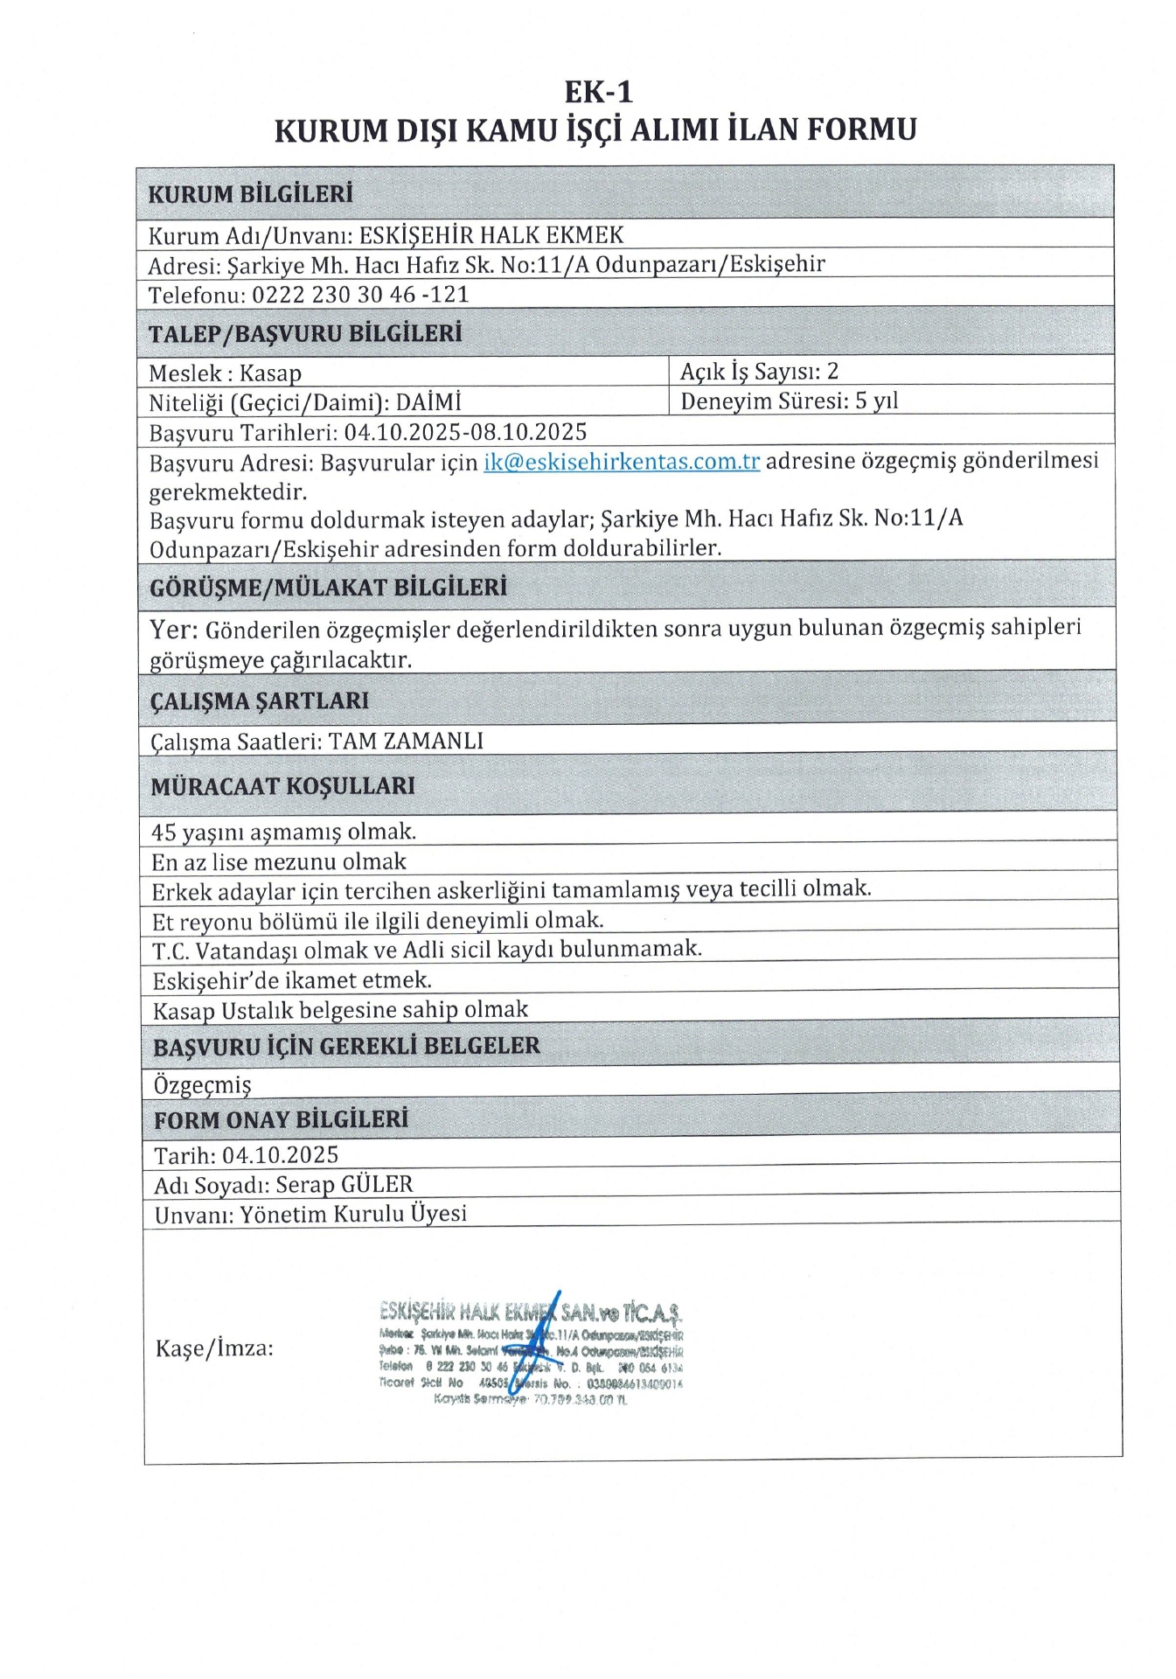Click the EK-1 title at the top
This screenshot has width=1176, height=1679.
pyautogui.click(x=598, y=92)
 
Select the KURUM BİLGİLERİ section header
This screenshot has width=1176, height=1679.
pyautogui.click(x=250, y=194)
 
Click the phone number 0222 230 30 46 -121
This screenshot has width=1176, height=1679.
pyautogui.click(x=360, y=295)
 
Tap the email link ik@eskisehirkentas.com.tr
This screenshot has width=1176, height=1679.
pyautogui.click(x=622, y=462)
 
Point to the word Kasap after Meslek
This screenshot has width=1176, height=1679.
pyautogui.click(x=270, y=373)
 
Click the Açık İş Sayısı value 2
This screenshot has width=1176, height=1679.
pyautogui.click(x=832, y=372)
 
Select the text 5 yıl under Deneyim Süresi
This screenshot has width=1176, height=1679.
pyautogui.click(x=876, y=401)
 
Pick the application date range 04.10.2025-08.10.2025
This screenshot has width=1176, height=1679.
pyautogui.click(x=465, y=432)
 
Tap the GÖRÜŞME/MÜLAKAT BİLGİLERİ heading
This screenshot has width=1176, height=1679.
pyautogui.click(x=328, y=587)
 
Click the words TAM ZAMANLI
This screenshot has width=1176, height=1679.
pyautogui.click(x=406, y=742)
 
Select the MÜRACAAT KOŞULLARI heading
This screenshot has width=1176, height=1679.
pyautogui.click(x=282, y=786)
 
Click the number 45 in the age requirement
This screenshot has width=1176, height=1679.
pyautogui.click(x=164, y=832)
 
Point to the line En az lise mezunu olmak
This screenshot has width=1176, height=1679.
pyautogui.click(x=278, y=862)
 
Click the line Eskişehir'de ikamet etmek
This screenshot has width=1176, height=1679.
pyautogui.click(x=291, y=980)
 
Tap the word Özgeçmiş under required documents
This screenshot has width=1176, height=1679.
pyautogui.click(x=202, y=1085)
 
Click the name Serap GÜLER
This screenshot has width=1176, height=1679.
pyautogui.click(x=344, y=1185)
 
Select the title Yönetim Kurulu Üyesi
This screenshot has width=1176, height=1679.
pyautogui.click(x=353, y=1215)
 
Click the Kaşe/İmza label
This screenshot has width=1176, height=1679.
pyautogui.click(x=214, y=1348)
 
